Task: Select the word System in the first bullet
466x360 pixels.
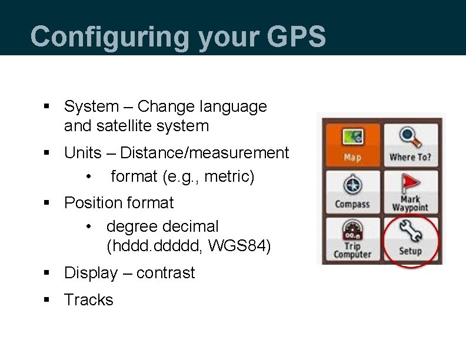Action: point(91,106)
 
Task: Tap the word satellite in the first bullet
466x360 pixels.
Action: point(122,126)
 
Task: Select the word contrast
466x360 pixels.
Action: point(165,273)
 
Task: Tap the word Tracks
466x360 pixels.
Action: point(88,300)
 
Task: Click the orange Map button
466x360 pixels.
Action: point(352,144)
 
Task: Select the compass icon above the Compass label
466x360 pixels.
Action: point(352,185)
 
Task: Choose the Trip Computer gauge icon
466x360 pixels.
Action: point(352,229)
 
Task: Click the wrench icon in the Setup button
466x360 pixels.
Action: point(410,231)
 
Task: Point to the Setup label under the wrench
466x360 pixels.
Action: point(410,251)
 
